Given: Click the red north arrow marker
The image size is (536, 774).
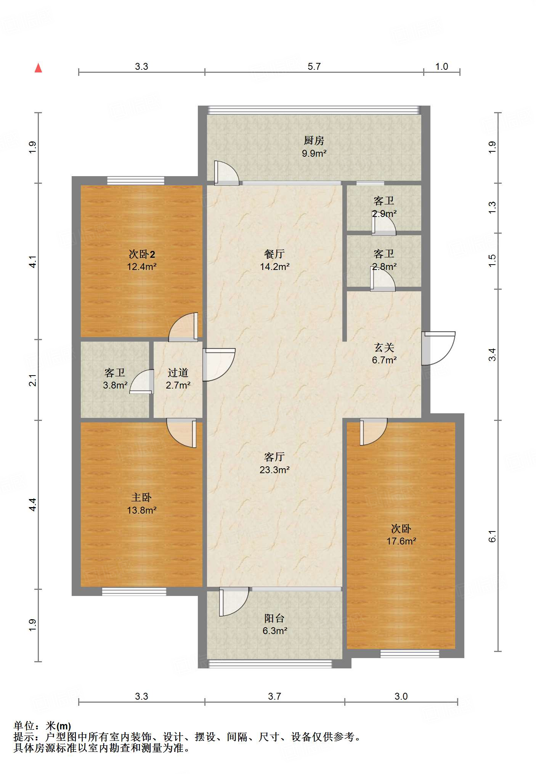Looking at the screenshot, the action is tap(38, 68).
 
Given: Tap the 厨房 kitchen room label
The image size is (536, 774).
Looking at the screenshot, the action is tap(314, 140).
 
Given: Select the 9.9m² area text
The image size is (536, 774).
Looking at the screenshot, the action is tap(314, 153).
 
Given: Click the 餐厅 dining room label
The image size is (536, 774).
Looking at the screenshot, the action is tap(274, 254).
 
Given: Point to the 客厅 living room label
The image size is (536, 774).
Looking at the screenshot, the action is tap(274, 457).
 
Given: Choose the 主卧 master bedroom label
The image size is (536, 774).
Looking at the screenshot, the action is tap(141, 497).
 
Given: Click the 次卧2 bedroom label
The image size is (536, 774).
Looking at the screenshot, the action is tap(142, 254).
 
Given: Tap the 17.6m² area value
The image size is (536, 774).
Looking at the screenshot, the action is tap(401, 541).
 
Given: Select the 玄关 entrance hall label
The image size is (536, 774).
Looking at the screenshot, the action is tap(384, 347).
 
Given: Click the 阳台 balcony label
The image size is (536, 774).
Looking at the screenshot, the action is tap(274, 618).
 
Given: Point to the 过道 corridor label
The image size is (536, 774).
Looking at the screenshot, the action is tap(178, 373).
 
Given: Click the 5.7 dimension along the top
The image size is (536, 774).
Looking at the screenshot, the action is tap(314, 66).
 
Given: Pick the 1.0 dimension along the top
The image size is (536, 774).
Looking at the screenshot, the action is tap(441, 66).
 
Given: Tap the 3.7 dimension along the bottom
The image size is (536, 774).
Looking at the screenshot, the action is tap(274, 696).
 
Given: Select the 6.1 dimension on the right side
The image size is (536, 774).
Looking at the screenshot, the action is tap(493, 536).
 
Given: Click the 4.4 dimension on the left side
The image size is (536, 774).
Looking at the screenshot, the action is tap(33, 504).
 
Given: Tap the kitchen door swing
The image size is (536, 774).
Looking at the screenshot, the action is tap(226, 173).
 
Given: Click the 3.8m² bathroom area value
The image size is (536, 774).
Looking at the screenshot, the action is tap(115, 385).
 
